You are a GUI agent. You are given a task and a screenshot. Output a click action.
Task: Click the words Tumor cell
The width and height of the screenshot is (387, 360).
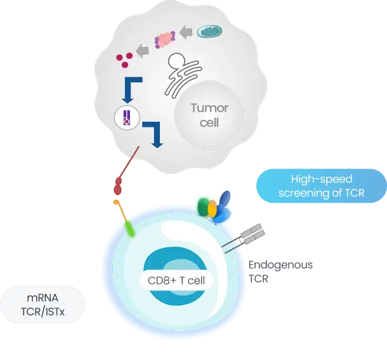[209, 115]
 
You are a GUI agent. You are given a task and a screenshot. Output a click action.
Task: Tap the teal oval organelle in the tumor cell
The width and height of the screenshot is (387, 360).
[210, 30]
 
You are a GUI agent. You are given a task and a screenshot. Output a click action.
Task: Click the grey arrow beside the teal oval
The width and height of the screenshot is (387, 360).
[186, 31]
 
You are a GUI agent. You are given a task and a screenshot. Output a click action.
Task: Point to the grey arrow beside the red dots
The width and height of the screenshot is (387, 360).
[143, 51]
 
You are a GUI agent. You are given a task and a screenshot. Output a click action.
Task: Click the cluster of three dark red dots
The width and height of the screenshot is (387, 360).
[123, 60]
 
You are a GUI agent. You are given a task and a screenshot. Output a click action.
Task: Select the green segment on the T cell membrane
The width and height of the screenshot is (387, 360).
[129, 227]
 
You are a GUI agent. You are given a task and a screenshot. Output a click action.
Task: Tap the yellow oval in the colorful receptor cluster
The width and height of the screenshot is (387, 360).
[213, 207]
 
